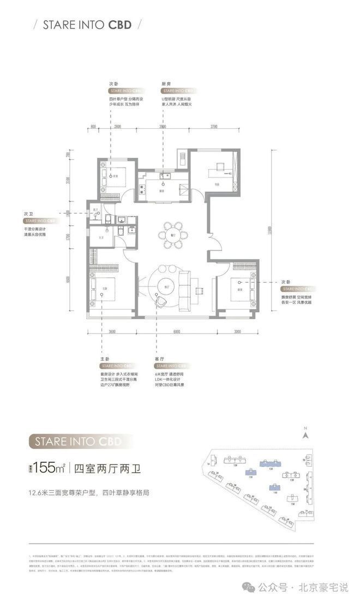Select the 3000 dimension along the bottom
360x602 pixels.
237,331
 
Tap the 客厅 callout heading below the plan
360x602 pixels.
159,358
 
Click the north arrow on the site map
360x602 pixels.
307,435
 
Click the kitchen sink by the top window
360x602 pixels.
165,176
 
